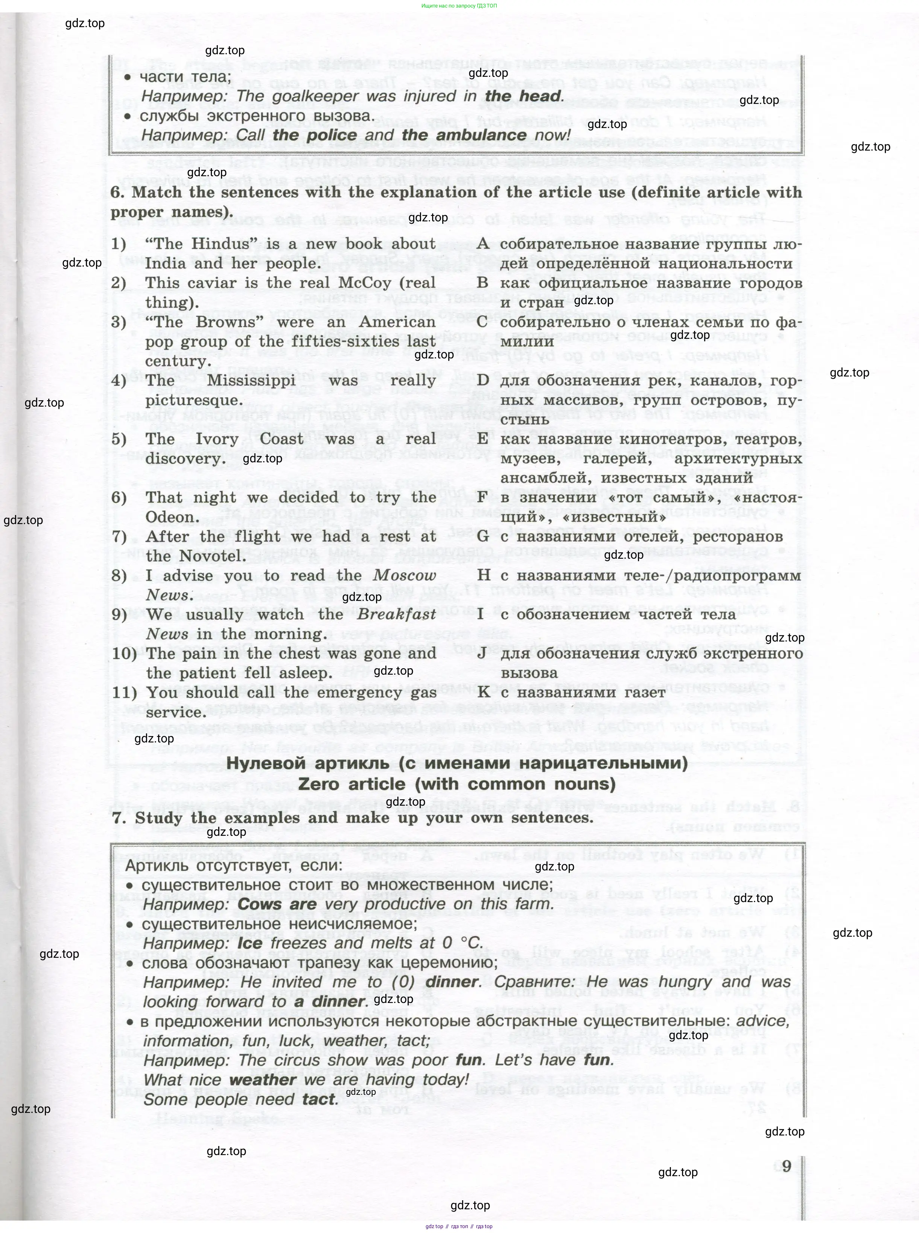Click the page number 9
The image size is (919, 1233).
pyautogui.click(x=786, y=1165)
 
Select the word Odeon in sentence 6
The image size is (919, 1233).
pyautogui.click(x=169, y=517)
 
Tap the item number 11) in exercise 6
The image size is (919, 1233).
pyautogui.click(x=125, y=693)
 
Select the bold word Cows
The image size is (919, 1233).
pyautogui.click(x=260, y=905)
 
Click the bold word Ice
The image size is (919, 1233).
pyautogui.click(x=249, y=943)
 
